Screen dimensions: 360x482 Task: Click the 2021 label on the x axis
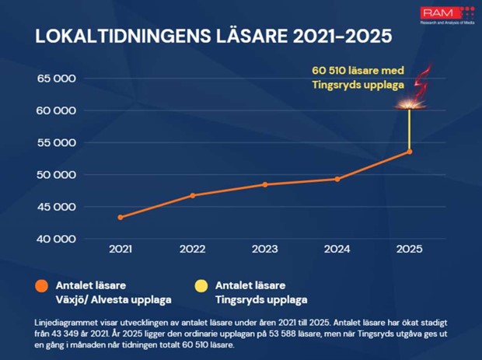(x=120, y=249)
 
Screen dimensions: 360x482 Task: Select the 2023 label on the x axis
(x=264, y=249)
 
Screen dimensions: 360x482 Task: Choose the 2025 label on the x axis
(x=409, y=249)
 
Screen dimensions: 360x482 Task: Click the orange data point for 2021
(x=120, y=217)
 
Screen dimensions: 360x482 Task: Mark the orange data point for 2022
(x=192, y=195)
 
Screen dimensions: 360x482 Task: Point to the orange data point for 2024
(x=337, y=179)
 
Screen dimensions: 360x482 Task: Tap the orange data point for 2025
(x=410, y=152)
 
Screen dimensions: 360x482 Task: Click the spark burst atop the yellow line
(x=410, y=104)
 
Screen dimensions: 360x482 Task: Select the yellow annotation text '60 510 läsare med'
(x=358, y=71)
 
